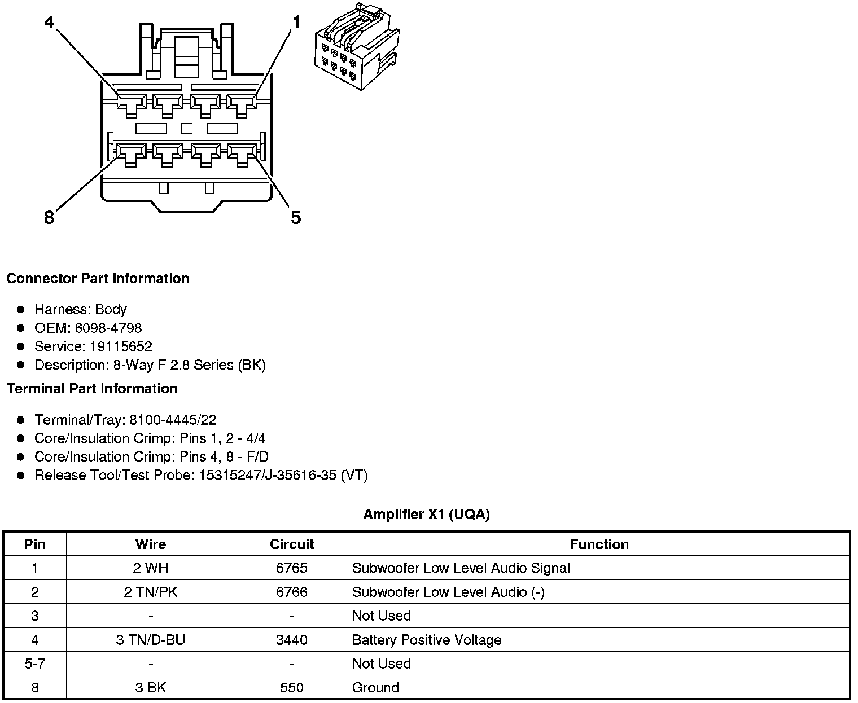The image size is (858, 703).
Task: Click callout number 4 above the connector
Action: pos(50,22)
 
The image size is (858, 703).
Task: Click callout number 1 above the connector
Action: pos(296,22)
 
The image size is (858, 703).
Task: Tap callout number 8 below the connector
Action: pos(49,217)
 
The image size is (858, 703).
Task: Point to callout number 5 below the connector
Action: pos(296,217)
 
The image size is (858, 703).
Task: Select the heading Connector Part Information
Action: pos(98,279)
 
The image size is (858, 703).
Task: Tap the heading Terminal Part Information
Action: pos(92,389)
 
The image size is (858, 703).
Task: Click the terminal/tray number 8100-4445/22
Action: pos(173,420)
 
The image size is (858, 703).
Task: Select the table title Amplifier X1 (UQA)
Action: pos(426,514)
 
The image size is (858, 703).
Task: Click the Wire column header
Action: pos(151,544)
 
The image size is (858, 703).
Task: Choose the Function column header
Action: pos(599,544)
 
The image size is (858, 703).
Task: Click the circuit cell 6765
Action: pos(291,568)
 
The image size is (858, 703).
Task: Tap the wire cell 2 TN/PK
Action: pos(151,592)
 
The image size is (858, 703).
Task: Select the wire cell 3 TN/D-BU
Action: pos(151,640)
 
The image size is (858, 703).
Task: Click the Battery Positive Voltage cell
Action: pos(427,640)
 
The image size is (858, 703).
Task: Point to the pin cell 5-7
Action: pos(35,664)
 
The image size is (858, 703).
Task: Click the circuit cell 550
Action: pos(291,688)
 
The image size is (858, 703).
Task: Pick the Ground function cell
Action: pos(375,688)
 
